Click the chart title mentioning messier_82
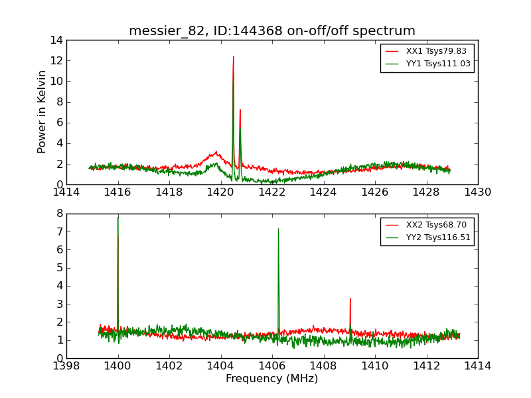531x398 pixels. [272, 31]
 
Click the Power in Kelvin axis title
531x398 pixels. [42, 111]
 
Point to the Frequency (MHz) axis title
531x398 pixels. [272, 379]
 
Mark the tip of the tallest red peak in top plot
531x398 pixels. [234, 56]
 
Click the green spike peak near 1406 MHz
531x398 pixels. [278, 229]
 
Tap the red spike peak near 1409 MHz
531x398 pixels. [350, 298]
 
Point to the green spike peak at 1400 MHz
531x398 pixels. [118, 217]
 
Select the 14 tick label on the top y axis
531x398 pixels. [55, 40]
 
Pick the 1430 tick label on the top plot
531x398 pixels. [478, 192]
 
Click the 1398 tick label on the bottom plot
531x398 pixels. [66, 366]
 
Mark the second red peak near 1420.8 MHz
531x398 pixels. [240, 109]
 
